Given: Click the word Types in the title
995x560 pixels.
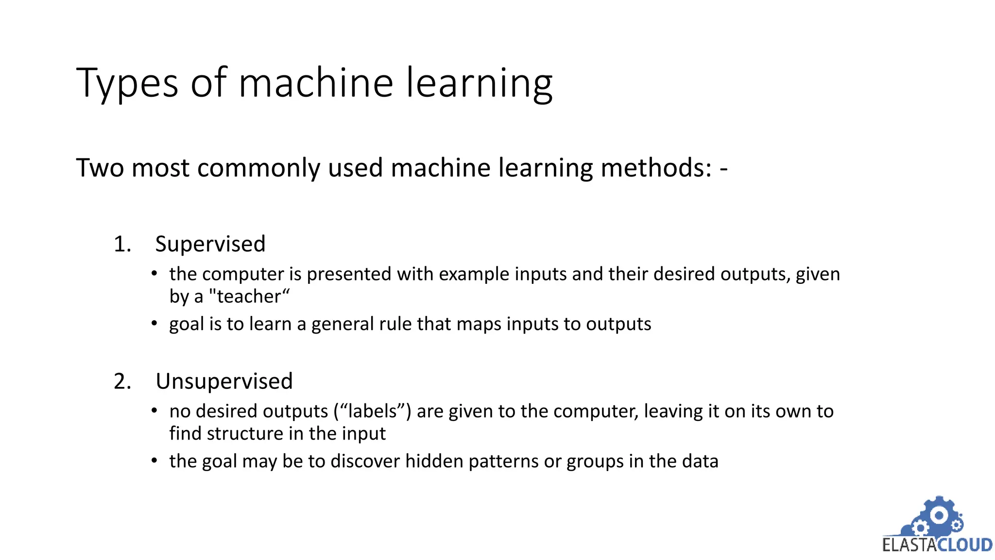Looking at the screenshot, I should (127, 84).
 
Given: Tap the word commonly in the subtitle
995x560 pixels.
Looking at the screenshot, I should (258, 168).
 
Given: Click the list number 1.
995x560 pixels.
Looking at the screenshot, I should (122, 244).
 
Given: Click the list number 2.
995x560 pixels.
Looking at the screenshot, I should (122, 381).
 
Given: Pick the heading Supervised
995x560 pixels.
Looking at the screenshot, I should (210, 244).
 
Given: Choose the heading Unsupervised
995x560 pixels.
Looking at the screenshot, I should (224, 381).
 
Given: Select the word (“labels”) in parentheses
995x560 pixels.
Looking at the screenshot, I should (372, 411).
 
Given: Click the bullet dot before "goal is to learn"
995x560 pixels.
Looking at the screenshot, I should (154, 323).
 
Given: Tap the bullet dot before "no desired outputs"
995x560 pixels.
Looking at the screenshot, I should (154, 411).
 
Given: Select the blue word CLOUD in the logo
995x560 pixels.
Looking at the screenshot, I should (965, 545).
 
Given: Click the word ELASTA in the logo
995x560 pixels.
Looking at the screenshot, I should (909, 545).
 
